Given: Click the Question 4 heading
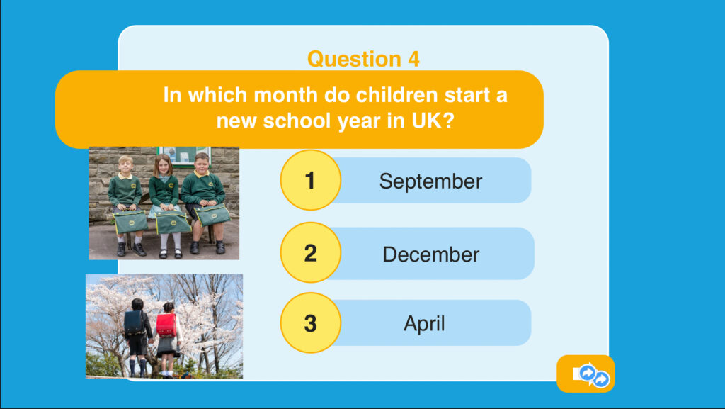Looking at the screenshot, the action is pyautogui.click(x=363, y=60).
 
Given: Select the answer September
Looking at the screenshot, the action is pyautogui.click(x=430, y=181).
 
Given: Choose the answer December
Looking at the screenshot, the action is pyautogui.click(x=431, y=254).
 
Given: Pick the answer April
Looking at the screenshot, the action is pyautogui.click(x=424, y=323).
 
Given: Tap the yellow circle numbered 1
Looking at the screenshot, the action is pyautogui.click(x=310, y=180).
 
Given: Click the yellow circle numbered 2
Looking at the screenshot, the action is pyautogui.click(x=310, y=252).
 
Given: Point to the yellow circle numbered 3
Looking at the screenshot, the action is pyautogui.click(x=310, y=323).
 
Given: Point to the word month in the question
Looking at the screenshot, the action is pyautogui.click(x=286, y=95).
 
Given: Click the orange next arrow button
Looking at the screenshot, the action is pyautogui.click(x=586, y=374).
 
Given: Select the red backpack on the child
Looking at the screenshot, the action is pyautogui.click(x=166, y=325).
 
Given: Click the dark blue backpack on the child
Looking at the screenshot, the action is pyautogui.click(x=134, y=322).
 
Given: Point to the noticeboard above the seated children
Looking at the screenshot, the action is pyautogui.click(x=183, y=156).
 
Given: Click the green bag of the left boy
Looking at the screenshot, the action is pyautogui.click(x=130, y=221).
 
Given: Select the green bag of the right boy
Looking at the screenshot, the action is pyautogui.click(x=212, y=215).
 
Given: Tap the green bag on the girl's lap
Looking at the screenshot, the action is pyautogui.click(x=172, y=222).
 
